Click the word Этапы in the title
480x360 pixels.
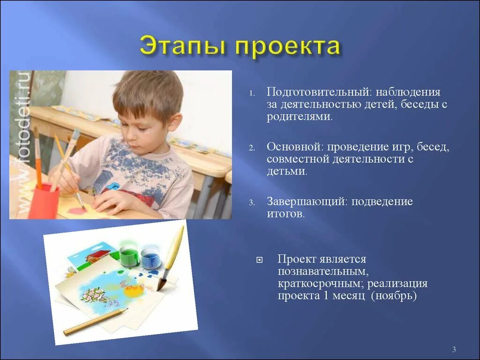(x=182, y=47)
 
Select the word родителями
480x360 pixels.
(x=299, y=117)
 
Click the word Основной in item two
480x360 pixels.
(x=295, y=147)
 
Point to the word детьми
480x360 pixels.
(x=286, y=171)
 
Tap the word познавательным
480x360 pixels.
(x=321, y=271)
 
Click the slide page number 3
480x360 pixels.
(x=454, y=349)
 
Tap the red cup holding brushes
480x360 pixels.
(x=43, y=202)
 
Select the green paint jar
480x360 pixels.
(x=129, y=256)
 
